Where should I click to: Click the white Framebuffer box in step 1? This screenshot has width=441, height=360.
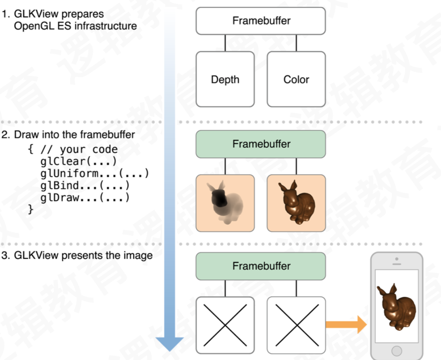click(x=261, y=21)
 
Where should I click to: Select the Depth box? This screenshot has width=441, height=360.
click(x=225, y=79)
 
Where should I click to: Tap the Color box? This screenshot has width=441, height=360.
click(x=296, y=79)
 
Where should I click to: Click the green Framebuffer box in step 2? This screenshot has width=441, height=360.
click(x=261, y=144)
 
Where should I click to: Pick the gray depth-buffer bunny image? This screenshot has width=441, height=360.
click(x=225, y=203)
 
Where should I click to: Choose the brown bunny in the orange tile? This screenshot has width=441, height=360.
click(x=296, y=203)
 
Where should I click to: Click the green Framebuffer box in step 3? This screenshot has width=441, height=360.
click(x=261, y=266)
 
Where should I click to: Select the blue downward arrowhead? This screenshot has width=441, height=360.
click(x=170, y=344)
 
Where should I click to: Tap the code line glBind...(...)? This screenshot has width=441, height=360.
click(x=85, y=186)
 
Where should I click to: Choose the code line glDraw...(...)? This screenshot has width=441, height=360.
click(x=85, y=198)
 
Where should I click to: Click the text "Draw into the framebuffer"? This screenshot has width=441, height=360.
click(x=74, y=135)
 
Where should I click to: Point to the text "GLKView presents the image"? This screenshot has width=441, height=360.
click(x=83, y=256)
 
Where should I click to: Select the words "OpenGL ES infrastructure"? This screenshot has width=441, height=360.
click(x=75, y=26)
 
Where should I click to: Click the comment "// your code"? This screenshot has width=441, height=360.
click(x=78, y=149)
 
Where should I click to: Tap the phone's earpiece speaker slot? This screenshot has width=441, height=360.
click(x=396, y=264)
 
